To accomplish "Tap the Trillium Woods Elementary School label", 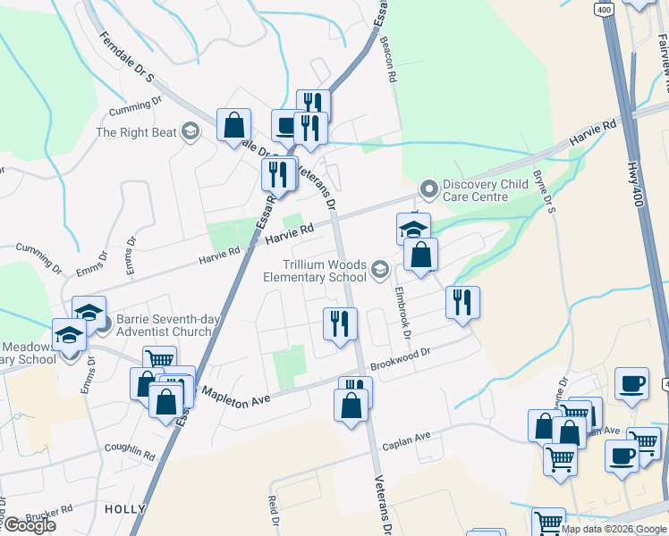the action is tap(314, 271).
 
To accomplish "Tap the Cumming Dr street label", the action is tap(135, 108).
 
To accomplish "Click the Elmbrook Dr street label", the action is tap(401, 311).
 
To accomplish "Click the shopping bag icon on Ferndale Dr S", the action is tap(233, 125).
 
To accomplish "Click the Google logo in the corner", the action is tap(29, 525).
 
